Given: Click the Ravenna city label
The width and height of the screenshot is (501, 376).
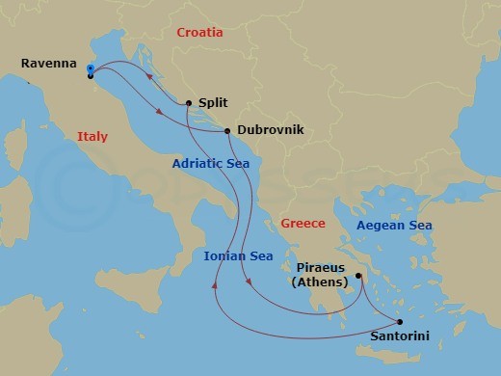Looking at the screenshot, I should coord(48,64).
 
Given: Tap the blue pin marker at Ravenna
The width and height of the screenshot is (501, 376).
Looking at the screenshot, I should coord(90,68).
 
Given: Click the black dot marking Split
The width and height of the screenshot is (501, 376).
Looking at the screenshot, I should coord(189,103).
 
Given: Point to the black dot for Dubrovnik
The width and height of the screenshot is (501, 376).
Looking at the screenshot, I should coord(227,131).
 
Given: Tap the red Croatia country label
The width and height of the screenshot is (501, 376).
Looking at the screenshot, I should coord(199,33).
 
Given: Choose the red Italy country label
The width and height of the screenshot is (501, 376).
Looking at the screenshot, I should coord(92,137).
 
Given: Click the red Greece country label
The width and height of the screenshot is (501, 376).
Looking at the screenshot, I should coord(303,224).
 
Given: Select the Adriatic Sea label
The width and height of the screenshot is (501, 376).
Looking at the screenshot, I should coord(211,164).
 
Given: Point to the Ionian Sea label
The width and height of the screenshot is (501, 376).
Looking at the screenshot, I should coord(238,255).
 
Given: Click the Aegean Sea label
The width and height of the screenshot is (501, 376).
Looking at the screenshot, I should coord(394,226).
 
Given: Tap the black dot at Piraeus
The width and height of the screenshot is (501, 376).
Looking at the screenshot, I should coord(357,276).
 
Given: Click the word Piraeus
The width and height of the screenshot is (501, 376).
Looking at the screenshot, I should coord(321,269).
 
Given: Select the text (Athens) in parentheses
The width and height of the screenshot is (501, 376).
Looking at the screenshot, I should coord(321,282).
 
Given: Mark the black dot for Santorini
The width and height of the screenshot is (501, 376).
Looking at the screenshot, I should coord(400,322).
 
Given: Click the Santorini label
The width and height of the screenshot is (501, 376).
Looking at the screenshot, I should coord(400,337).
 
